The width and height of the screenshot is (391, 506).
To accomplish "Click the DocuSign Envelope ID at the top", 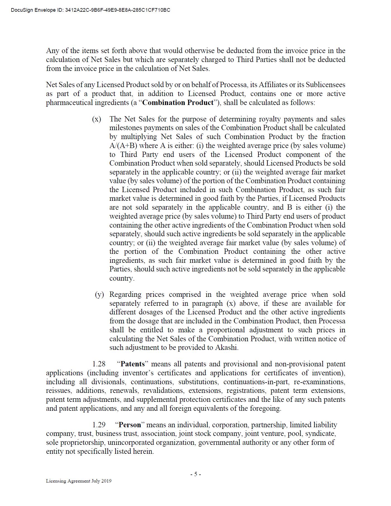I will pos(90,10).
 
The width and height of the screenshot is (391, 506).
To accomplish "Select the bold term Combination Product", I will pos(178,102).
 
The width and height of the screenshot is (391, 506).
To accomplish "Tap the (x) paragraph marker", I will pos(97,119).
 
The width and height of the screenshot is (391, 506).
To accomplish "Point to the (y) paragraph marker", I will pos(99,295).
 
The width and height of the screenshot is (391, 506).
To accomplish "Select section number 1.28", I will pos(99,364).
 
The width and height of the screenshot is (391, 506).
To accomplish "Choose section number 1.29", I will pos(99,425).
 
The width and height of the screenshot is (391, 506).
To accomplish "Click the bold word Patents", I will pos(133,364).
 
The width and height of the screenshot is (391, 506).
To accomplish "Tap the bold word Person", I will pos(130,425).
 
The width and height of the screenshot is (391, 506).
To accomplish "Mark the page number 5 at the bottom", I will pos(196,474).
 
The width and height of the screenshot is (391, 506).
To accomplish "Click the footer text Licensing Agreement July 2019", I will pos(79,481).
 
